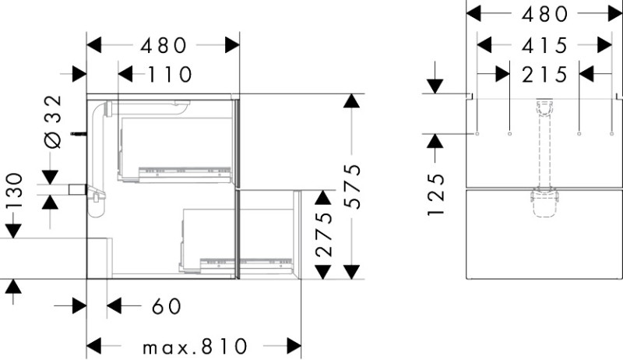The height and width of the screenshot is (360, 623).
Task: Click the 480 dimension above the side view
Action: coord(164,45)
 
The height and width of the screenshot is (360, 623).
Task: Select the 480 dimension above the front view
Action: coord(544,14)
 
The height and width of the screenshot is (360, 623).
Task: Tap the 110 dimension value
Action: coord(170,74)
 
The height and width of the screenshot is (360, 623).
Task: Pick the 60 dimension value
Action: coord(167,306)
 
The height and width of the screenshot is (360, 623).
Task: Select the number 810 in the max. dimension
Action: coord(224,347)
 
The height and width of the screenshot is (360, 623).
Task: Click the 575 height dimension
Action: coord(352,186)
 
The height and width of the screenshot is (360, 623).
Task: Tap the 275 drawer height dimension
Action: coord(323,234)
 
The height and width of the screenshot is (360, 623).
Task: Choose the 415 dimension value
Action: coord(544,45)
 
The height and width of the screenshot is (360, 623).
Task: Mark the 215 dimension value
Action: coord(544,74)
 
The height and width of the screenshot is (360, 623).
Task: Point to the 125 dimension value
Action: coord(436,195)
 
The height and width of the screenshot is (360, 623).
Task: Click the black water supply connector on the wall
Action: coord(79,134)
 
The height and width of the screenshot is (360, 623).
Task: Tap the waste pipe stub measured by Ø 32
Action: coord(77,189)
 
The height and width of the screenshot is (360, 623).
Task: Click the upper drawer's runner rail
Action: coord(185,171)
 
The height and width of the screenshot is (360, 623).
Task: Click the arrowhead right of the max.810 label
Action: coord(294,346)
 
